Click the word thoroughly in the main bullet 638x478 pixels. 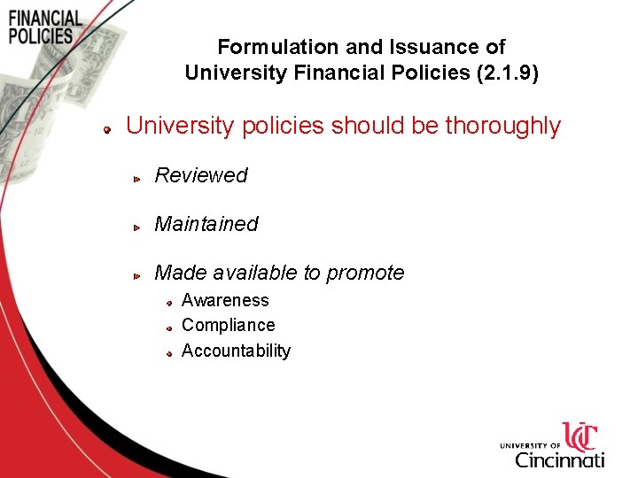[502, 126]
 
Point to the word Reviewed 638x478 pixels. [201, 175]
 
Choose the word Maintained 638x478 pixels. [206, 224]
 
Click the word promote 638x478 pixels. [365, 273]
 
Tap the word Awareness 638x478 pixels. [225, 300]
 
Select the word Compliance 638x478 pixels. [228, 325]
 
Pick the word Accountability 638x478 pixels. [236, 351]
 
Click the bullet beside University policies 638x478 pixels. [105, 129]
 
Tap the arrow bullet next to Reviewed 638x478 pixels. [137, 179]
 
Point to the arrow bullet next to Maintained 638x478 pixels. [137, 227]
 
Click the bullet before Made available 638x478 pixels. [137, 276]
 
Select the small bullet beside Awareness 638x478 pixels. [168, 303]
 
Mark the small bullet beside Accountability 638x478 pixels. [168, 353]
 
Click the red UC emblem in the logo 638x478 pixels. [581, 437]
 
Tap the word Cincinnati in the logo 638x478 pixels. [559, 459]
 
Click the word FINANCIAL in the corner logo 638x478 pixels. [45, 19]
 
